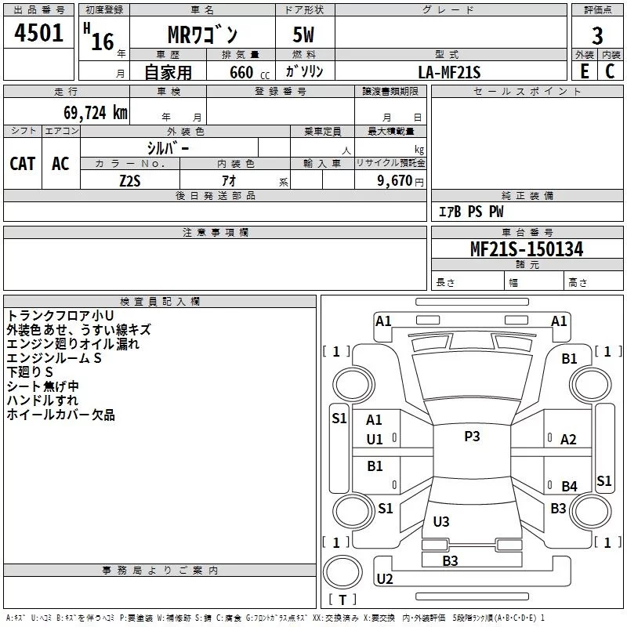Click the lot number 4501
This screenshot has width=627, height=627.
[x=39, y=34]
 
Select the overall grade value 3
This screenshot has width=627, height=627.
[x=597, y=35]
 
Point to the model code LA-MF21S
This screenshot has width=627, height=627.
[x=449, y=72]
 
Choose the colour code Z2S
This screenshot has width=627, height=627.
[x=130, y=180]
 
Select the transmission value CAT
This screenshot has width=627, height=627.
[x=23, y=163]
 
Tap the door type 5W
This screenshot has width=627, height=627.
[x=305, y=35]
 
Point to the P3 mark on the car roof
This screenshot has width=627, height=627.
[x=472, y=437]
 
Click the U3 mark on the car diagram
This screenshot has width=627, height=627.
[x=441, y=521]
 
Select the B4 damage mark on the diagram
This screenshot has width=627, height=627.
[x=569, y=486]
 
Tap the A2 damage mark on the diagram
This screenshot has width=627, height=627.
[x=568, y=440]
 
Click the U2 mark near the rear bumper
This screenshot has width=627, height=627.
[x=385, y=579]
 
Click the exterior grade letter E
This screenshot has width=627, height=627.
[x=584, y=71]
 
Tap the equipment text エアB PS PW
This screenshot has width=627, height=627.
[x=470, y=212]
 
